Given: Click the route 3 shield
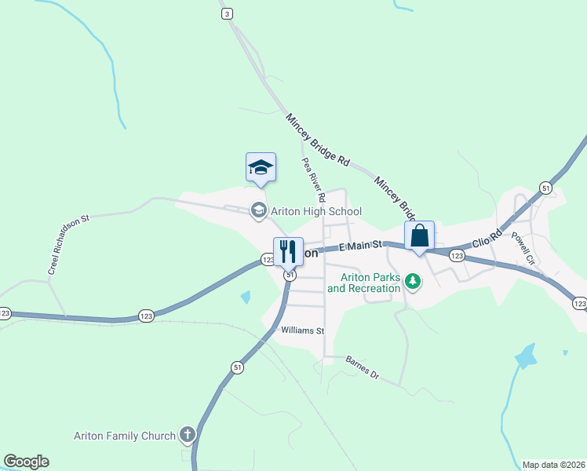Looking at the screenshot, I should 227,13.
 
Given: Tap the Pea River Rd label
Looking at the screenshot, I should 313,180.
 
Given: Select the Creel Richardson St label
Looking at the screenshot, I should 71,244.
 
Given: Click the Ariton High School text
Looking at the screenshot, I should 316,211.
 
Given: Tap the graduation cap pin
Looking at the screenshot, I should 261,167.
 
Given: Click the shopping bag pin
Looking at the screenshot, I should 419,235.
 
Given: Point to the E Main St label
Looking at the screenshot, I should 361,246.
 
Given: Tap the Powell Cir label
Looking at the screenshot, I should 523,246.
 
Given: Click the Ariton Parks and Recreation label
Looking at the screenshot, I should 363,283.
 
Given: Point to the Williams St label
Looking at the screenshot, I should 303,331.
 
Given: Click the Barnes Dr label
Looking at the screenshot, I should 363,367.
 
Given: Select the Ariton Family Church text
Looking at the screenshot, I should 125,436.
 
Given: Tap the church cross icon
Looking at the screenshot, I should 187,434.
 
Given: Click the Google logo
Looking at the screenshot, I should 26,462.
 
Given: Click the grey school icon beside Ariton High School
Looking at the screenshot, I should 257,210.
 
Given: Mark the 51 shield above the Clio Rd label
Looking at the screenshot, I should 545,188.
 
